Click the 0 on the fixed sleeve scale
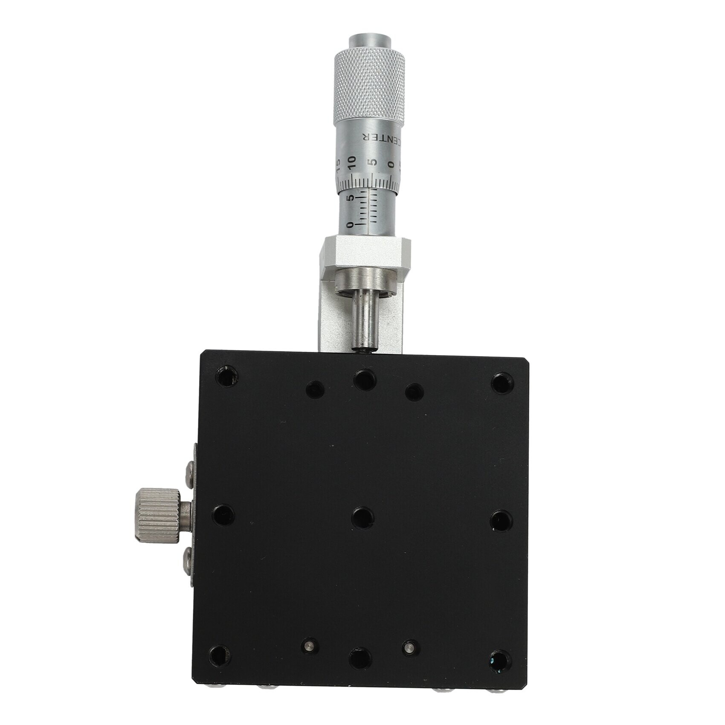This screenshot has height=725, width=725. [x=351, y=225]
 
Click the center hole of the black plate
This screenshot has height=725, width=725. [x=363, y=517]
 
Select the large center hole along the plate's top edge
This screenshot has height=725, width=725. [x=365, y=379]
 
